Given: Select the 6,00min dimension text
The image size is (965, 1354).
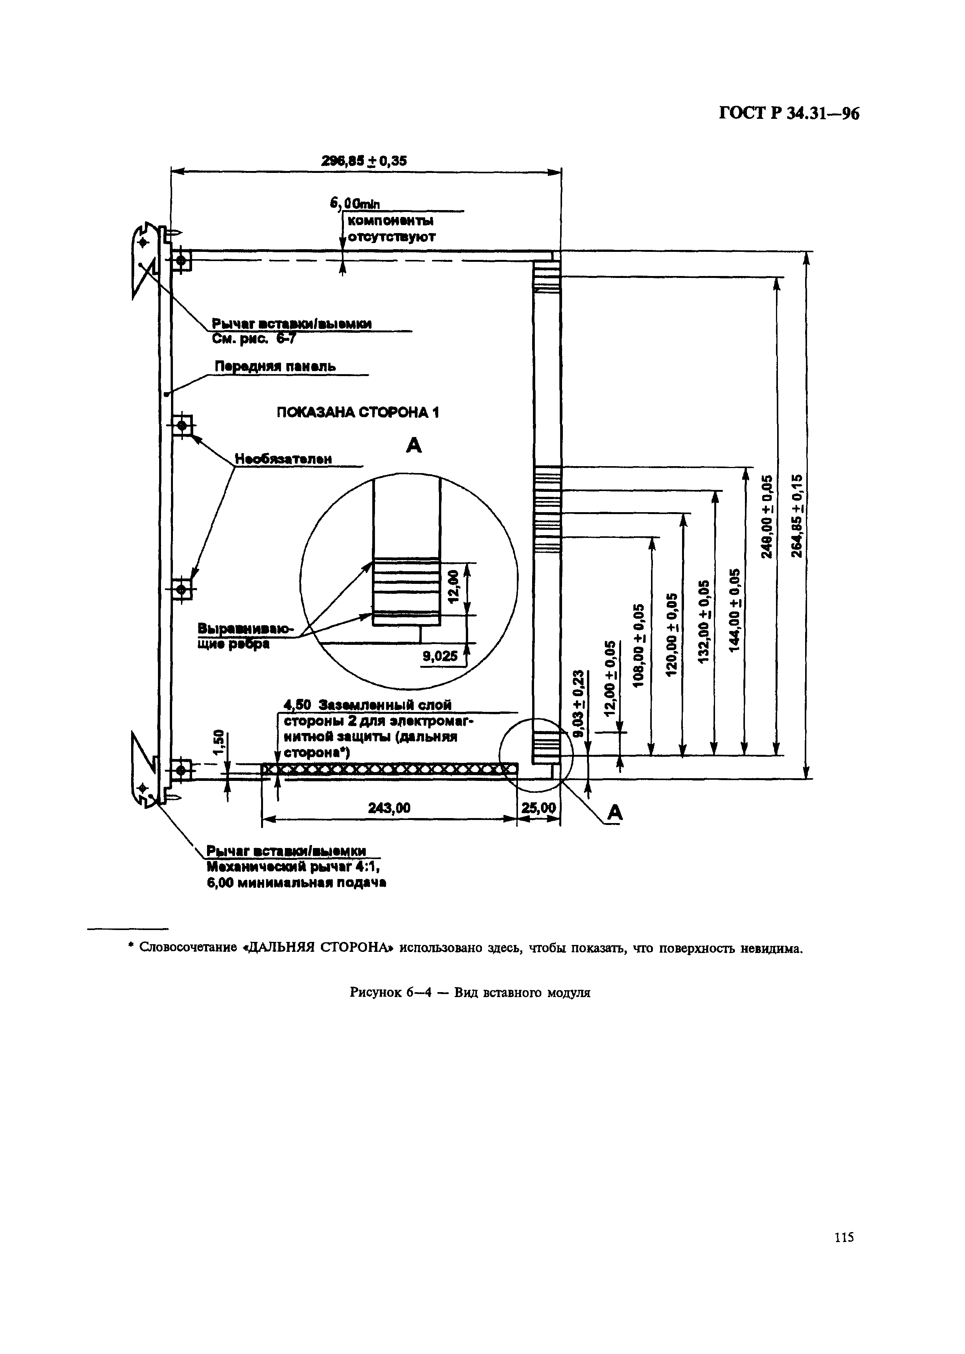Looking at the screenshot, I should click(355, 204).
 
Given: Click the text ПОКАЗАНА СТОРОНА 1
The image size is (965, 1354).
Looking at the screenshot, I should click(358, 412).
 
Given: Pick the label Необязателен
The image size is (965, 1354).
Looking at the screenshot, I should click(283, 458).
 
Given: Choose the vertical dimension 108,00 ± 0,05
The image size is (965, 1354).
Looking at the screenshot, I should click(639, 645).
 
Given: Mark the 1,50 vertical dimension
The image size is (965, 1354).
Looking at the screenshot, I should click(219, 741).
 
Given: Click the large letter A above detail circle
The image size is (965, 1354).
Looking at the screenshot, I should click(414, 445).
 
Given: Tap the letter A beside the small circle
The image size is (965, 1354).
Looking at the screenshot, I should click(615, 813).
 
